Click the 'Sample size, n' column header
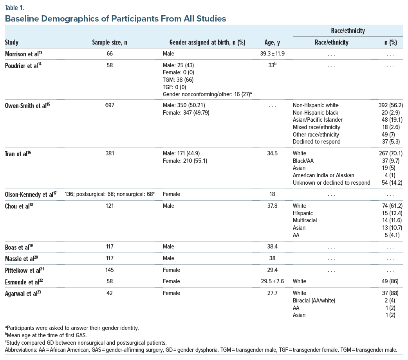click(109, 43)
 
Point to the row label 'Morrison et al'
click(23, 54)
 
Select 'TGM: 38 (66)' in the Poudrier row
click(178, 80)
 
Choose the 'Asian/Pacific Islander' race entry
click(318, 120)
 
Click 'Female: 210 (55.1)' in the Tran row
click(182, 161)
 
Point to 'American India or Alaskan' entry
click(323, 175)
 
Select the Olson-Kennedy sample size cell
click(106, 194)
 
